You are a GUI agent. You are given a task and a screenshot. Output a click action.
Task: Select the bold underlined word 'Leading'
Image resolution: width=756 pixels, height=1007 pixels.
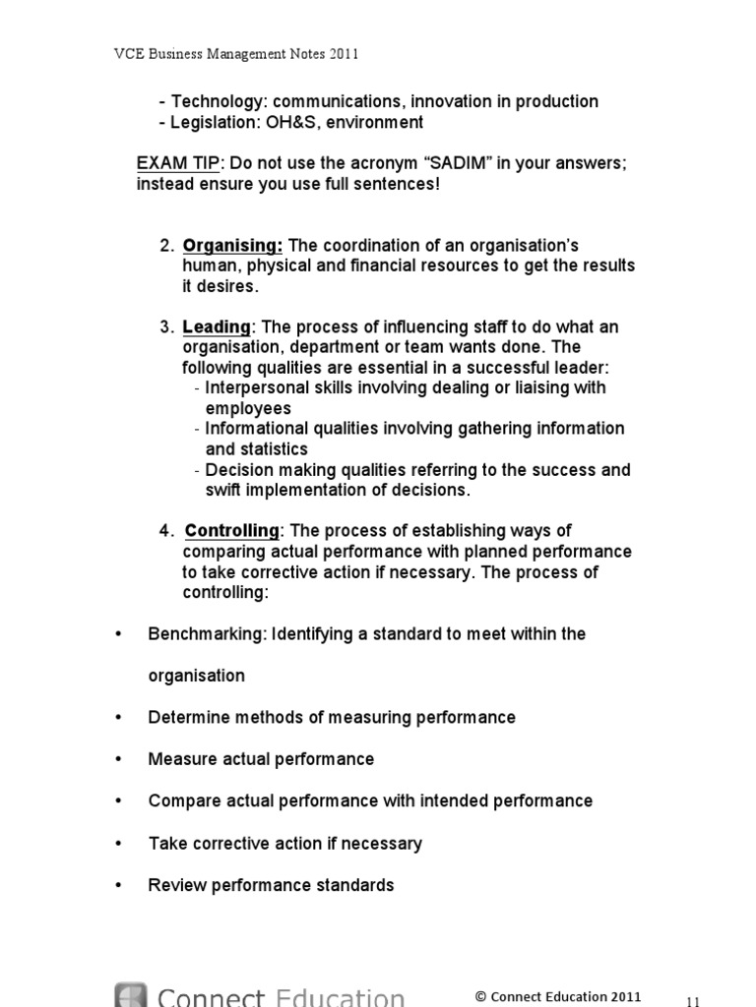coord(217,326)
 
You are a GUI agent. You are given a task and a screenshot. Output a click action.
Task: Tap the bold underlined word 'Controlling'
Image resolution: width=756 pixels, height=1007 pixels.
coord(232,531)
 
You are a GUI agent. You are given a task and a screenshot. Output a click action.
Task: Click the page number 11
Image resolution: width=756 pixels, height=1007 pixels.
coord(693,1000)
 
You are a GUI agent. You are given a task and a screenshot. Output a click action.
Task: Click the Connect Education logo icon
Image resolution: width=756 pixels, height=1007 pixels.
coord(132,995)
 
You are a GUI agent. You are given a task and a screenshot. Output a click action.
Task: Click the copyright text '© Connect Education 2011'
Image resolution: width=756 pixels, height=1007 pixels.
coord(558,996)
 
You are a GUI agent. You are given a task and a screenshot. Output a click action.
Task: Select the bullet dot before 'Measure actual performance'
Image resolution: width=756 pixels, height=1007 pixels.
coord(120,760)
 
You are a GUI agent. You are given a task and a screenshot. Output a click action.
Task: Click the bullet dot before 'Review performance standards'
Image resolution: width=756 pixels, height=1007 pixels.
coord(120,885)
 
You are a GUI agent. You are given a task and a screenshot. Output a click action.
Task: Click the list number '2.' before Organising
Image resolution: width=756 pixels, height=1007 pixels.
coord(166,245)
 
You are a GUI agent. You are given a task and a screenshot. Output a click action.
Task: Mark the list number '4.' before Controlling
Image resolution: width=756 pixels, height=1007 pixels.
coord(166,531)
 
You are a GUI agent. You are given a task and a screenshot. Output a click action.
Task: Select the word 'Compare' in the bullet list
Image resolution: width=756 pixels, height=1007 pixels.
coord(180,800)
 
